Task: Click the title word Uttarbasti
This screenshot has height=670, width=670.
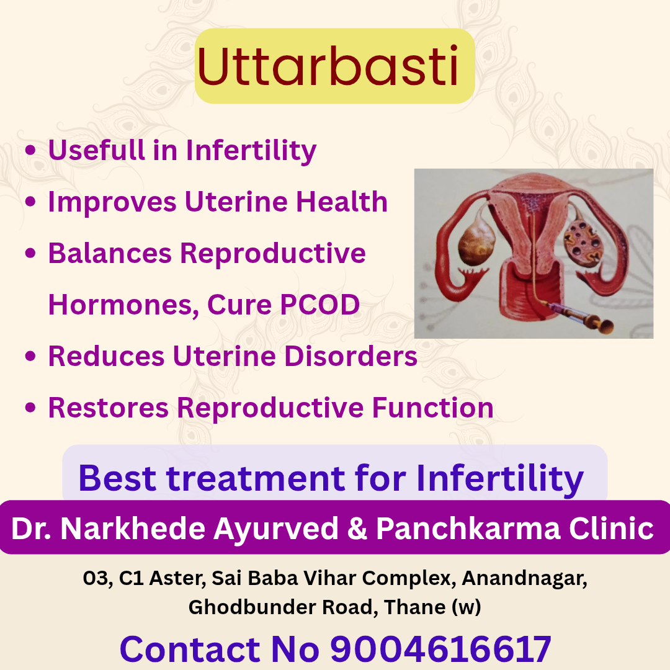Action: coord(328,66)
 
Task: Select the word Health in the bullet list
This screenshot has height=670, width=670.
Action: coord(342,201)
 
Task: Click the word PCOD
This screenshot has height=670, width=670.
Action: coord(319,304)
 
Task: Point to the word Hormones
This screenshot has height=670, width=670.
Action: coord(123,305)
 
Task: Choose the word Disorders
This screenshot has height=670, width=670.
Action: coord(351,356)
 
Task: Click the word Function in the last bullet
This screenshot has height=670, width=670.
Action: coord(433,408)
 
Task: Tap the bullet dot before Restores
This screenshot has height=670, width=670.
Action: coord(30,407)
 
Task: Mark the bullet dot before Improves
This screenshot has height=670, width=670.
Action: coord(30,201)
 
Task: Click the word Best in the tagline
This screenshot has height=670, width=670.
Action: coord(117,478)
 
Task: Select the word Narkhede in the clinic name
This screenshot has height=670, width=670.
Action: coord(133,529)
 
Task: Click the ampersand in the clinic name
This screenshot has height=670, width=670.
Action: coord(357,529)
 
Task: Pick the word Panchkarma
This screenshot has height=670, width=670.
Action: coord(468,529)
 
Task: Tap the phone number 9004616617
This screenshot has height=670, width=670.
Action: coord(440,649)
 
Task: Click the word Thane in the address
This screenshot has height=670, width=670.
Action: coord(409,607)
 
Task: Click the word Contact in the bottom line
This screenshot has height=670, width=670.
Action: coord(189,649)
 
